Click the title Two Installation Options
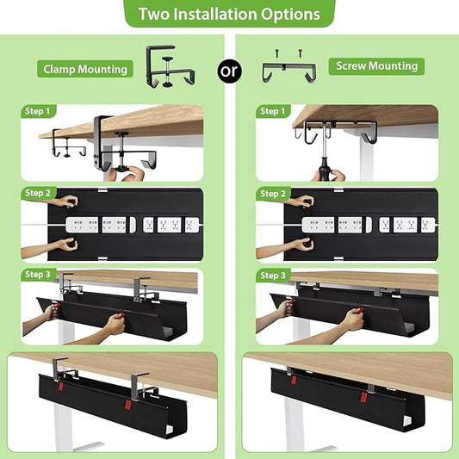click(x=229, y=14)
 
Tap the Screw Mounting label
click(x=376, y=65)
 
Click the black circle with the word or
click(x=230, y=71)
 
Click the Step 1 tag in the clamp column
click(x=39, y=111)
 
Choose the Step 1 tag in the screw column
click(x=271, y=111)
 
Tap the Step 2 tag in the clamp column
click(x=39, y=193)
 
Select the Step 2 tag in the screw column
click(x=271, y=193)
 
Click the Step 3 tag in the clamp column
click(x=39, y=275)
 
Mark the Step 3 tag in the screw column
click(x=271, y=275)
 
